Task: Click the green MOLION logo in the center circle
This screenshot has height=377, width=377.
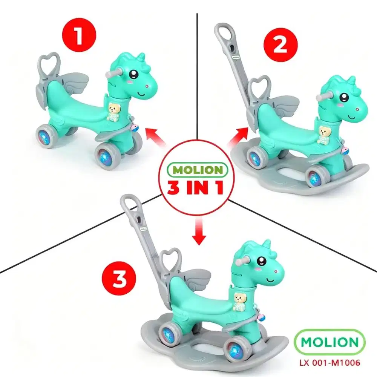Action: click(198, 170)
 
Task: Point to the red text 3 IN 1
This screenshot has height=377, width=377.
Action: click(198, 188)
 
